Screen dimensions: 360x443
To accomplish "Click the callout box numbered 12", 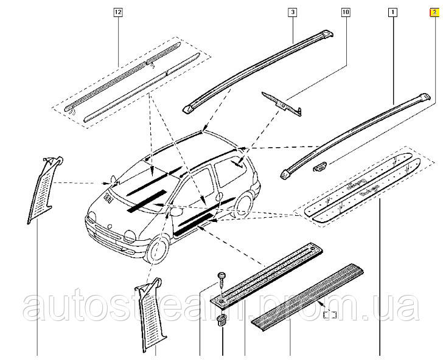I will coord(117,12).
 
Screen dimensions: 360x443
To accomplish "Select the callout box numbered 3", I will coord(292,12).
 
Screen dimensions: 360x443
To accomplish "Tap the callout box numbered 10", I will coord(346,12).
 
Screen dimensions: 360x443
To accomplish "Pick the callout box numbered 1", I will coord(392,12).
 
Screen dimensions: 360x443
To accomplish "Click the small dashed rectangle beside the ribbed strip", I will coord(330,314).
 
